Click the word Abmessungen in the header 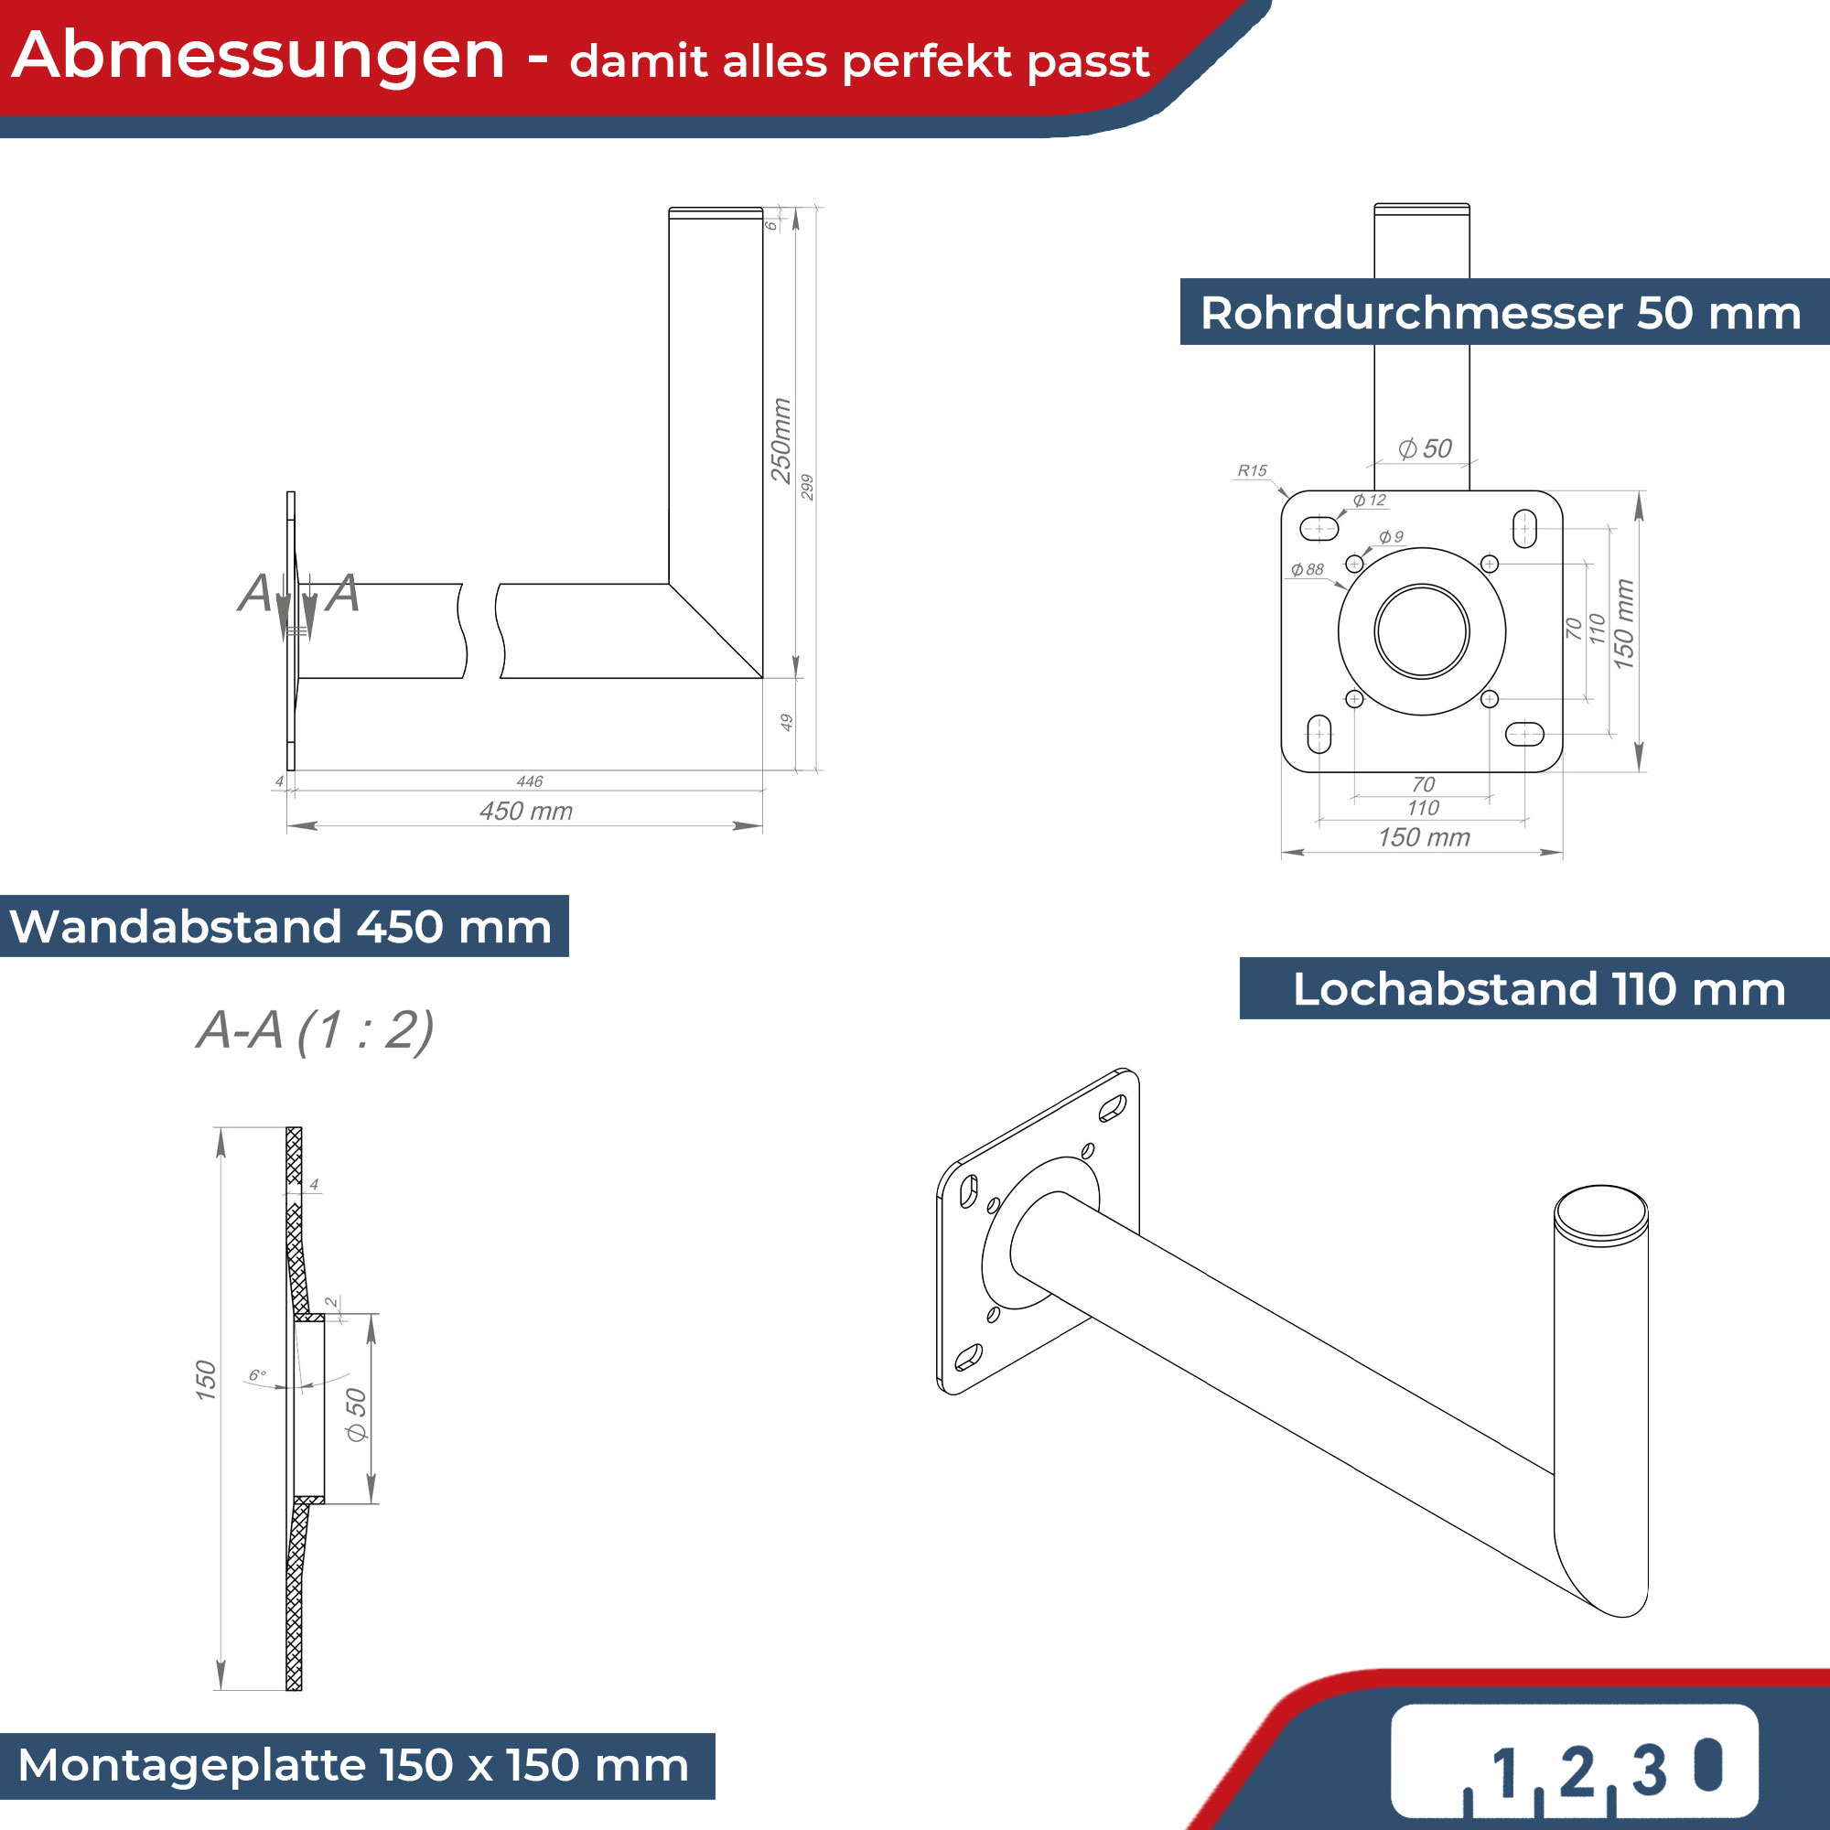pyautogui.click(x=259, y=57)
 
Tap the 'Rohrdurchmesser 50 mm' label pyautogui.click(x=1501, y=313)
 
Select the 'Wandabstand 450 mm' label pyautogui.click(x=280, y=926)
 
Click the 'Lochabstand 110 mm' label pyautogui.click(x=1539, y=989)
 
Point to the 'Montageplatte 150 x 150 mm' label pyautogui.click(x=353, y=1766)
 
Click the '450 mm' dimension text pyautogui.click(x=526, y=812)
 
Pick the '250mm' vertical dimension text pyautogui.click(x=780, y=440)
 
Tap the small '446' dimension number pyautogui.click(x=530, y=781)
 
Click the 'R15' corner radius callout pyautogui.click(x=1253, y=470)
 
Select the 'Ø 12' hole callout pyautogui.click(x=1370, y=501)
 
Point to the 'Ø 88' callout pyautogui.click(x=1308, y=569)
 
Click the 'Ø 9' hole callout pyautogui.click(x=1391, y=537)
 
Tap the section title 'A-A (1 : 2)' pyautogui.click(x=316, y=1030)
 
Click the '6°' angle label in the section pyautogui.click(x=258, y=1375)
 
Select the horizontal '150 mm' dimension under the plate pyautogui.click(x=1424, y=837)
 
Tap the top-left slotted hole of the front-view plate pyautogui.click(x=1319, y=528)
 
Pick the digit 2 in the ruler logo pyautogui.click(x=1577, y=1771)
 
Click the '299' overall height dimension pyautogui.click(x=807, y=487)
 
